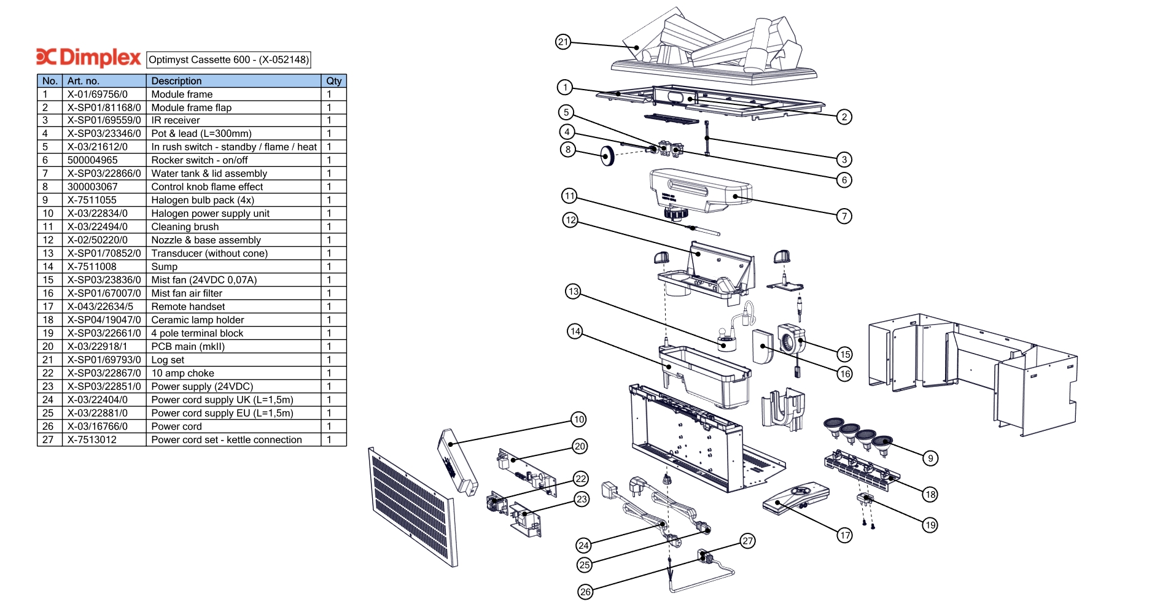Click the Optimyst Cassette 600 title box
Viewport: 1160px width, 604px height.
click(x=228, y=60)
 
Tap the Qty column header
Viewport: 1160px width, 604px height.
click(x=333, y=81)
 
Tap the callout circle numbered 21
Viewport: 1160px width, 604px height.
click(x=563, y=42)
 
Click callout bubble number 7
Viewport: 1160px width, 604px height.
click(x=844, y=216)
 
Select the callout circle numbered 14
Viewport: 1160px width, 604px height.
click(x=575, y=331)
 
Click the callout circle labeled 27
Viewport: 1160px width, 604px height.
click(x=747, y=541)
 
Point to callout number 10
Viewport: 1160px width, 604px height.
click(x=578, y=420)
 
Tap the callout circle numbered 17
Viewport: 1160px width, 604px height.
click(x=845, y=535)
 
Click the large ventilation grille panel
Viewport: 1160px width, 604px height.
click(x=413, y=507)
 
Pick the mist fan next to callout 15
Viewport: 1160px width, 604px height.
click(x=790, y=339)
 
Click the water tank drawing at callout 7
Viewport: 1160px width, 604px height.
click(x=700, y=190)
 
